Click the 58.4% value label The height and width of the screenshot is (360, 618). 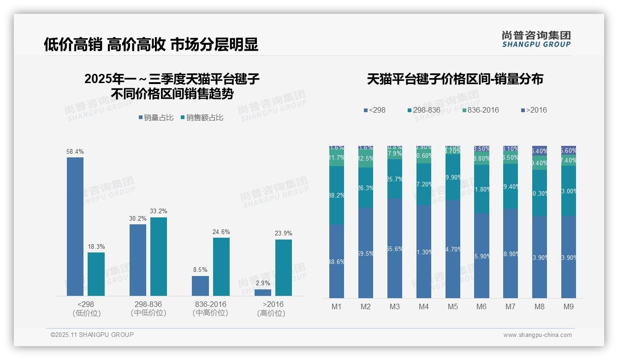(x=75, y=151)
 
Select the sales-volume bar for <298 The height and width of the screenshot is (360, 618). (x=75, y=226)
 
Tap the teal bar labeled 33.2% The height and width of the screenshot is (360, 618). (x=158, y=256)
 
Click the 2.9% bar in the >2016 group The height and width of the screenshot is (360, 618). (x=263, y=292)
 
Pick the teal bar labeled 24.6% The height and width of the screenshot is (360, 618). (x=221, y=266)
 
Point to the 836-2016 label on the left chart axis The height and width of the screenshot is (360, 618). (x=210, y=305)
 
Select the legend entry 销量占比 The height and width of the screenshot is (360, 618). (x=155, y=118)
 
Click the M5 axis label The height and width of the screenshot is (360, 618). (x=452, y=306)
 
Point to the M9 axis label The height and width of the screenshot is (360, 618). (x=568, y=306)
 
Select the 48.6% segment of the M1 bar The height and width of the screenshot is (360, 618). (x=336, y=261)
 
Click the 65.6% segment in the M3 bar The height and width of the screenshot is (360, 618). (x=394, y=248)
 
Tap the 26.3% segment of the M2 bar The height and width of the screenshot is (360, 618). (x=365, y=187)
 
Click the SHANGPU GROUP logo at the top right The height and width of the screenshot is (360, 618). (x=536, y=39)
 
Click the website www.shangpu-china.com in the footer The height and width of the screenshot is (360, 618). (x=537, y=335)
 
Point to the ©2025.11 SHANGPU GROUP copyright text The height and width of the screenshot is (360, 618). (x=92, y=335)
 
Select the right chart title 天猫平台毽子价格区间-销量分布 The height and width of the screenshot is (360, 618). (x=455, y=79)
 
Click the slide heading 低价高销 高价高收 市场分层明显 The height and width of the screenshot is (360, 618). (x=151, y=44)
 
